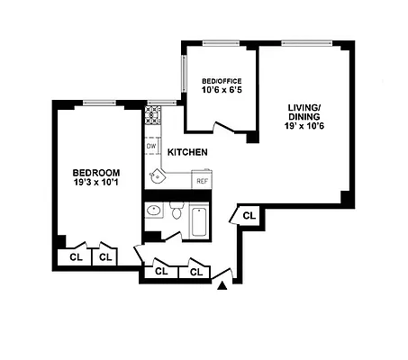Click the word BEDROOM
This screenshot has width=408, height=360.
click(95, 172)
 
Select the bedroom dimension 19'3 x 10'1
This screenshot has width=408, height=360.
click(95, 183)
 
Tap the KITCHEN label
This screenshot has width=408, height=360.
click(187, 152)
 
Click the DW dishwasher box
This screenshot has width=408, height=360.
click(151, 146)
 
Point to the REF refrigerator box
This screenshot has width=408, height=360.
click(203, 180)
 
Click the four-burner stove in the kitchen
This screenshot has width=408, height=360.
click(152, 114)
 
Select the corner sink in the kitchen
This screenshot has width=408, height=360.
click(158, 175)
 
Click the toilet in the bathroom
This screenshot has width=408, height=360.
click(175, 214)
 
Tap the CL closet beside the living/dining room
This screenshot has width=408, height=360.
click(249, 215)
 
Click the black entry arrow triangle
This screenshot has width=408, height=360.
click(222, 286)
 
